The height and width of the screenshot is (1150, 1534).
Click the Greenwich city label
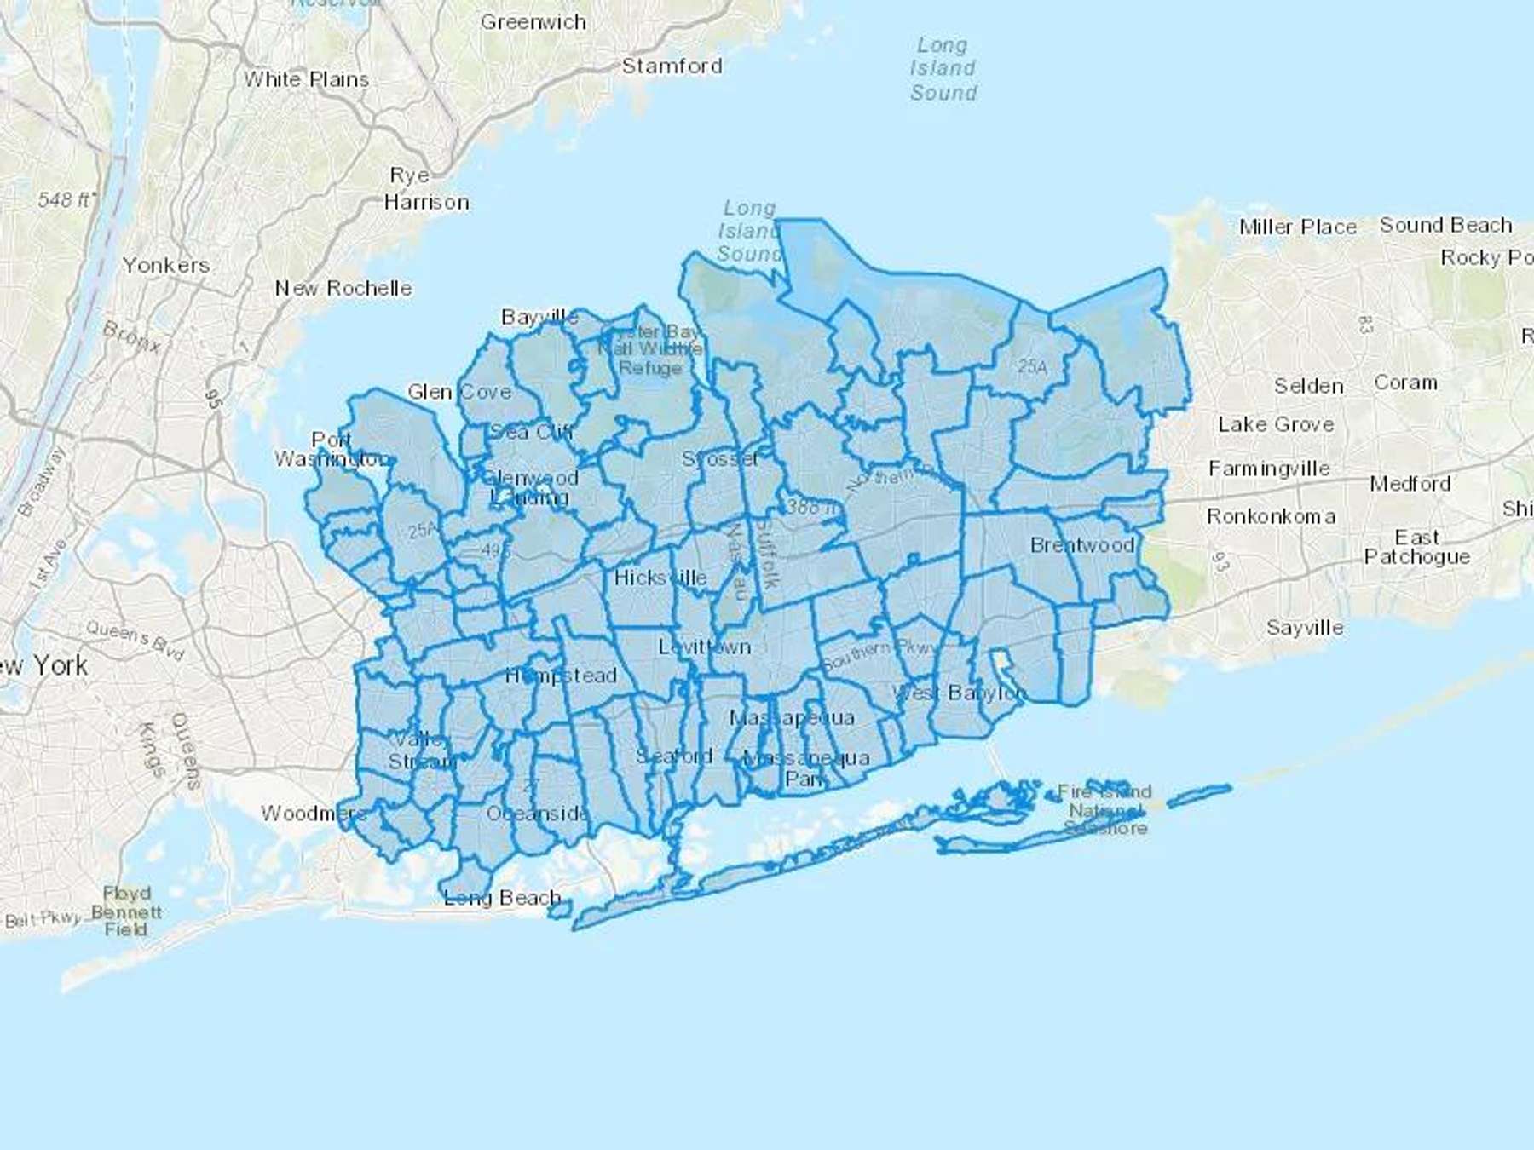pyautogui.click(x=533, y=22)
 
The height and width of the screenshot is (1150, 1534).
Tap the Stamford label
pyautogui.click(x=672, y=66)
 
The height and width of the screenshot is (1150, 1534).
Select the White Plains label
pyautogui.click(x=307, y=79)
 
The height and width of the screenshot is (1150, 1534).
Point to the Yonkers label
pyautogui.click(x=165, y=265)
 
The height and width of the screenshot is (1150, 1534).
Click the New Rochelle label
pyautogui.click(x=343, y=288)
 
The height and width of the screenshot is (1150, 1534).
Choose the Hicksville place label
pyautogui.click(x=660, y=578)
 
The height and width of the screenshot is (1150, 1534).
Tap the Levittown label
pyautogui.click(x=705, y=647)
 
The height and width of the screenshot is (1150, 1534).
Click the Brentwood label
pyautogui.click(x=1082, y=545)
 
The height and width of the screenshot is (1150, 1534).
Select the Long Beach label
pyautogui.click(x=503, y=897)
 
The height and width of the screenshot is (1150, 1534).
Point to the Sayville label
pyautogui.click(x=1305, y=628)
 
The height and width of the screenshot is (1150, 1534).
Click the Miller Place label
pyautogui.click(x=1298, y=227)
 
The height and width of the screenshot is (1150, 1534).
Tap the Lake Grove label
pyautogui.click(x=1276, y=424)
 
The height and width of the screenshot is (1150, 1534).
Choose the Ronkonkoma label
pyautogui.click(x=1272, y=516)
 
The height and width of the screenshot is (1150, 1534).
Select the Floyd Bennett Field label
pyautogui.click(x=126, y=911)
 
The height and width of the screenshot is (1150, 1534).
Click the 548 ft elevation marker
pyautogui.click(x=66, y=200)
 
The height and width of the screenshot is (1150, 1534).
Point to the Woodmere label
pyautogui.click(x=314, y=814)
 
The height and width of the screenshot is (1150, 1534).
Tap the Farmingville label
pyautogui.click(x=1269, y=469)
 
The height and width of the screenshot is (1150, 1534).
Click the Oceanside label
pyautogui.click(x=537, y=814)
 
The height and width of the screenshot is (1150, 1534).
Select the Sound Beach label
pyautogui.click(x=1446, y=226)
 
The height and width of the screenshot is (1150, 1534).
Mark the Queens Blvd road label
pyautogui.click(x=135, y=641)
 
